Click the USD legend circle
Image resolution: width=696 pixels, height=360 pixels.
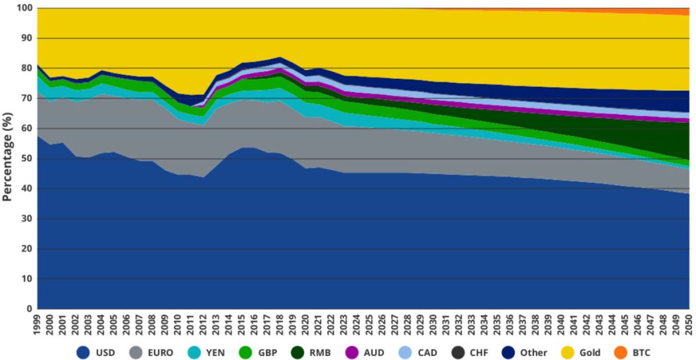point(84,353)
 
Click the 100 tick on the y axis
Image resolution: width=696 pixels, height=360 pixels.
point(24,8)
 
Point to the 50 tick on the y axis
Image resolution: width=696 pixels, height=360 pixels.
point(27,159)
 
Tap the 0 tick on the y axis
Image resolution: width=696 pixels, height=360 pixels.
point(30,309)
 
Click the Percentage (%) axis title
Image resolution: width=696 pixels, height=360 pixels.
point(8,158)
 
